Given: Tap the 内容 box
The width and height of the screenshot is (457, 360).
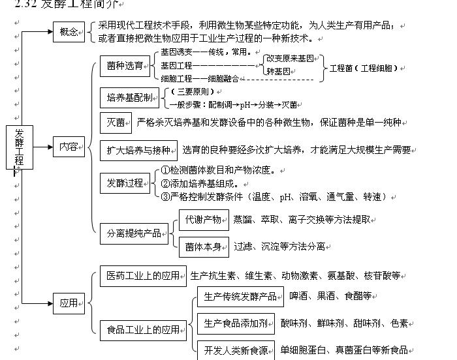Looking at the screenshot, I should (x=69, y=147).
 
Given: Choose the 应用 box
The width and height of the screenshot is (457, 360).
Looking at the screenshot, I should (x=69, y=303).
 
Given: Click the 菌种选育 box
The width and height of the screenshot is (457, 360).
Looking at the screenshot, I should (x=125, y=65).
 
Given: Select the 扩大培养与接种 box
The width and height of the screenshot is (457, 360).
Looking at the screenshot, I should (x=138, y=151).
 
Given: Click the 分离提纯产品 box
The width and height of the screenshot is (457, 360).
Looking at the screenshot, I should (x=134, y=233).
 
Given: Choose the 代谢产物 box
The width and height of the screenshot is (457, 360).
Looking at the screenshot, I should (x=204, y=220).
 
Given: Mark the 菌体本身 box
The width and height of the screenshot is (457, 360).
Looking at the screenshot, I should (x=204, y=246).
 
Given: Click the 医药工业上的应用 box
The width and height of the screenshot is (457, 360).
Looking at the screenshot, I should (x=142, y=276).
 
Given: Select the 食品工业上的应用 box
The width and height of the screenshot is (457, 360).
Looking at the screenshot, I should (x=142, y=330).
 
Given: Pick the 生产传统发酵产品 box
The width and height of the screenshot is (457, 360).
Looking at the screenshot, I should (x=240, y=297).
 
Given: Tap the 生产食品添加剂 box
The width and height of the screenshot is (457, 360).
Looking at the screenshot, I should (x=235, y=323).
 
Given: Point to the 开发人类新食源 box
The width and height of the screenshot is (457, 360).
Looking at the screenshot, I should (x=236, y=350).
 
